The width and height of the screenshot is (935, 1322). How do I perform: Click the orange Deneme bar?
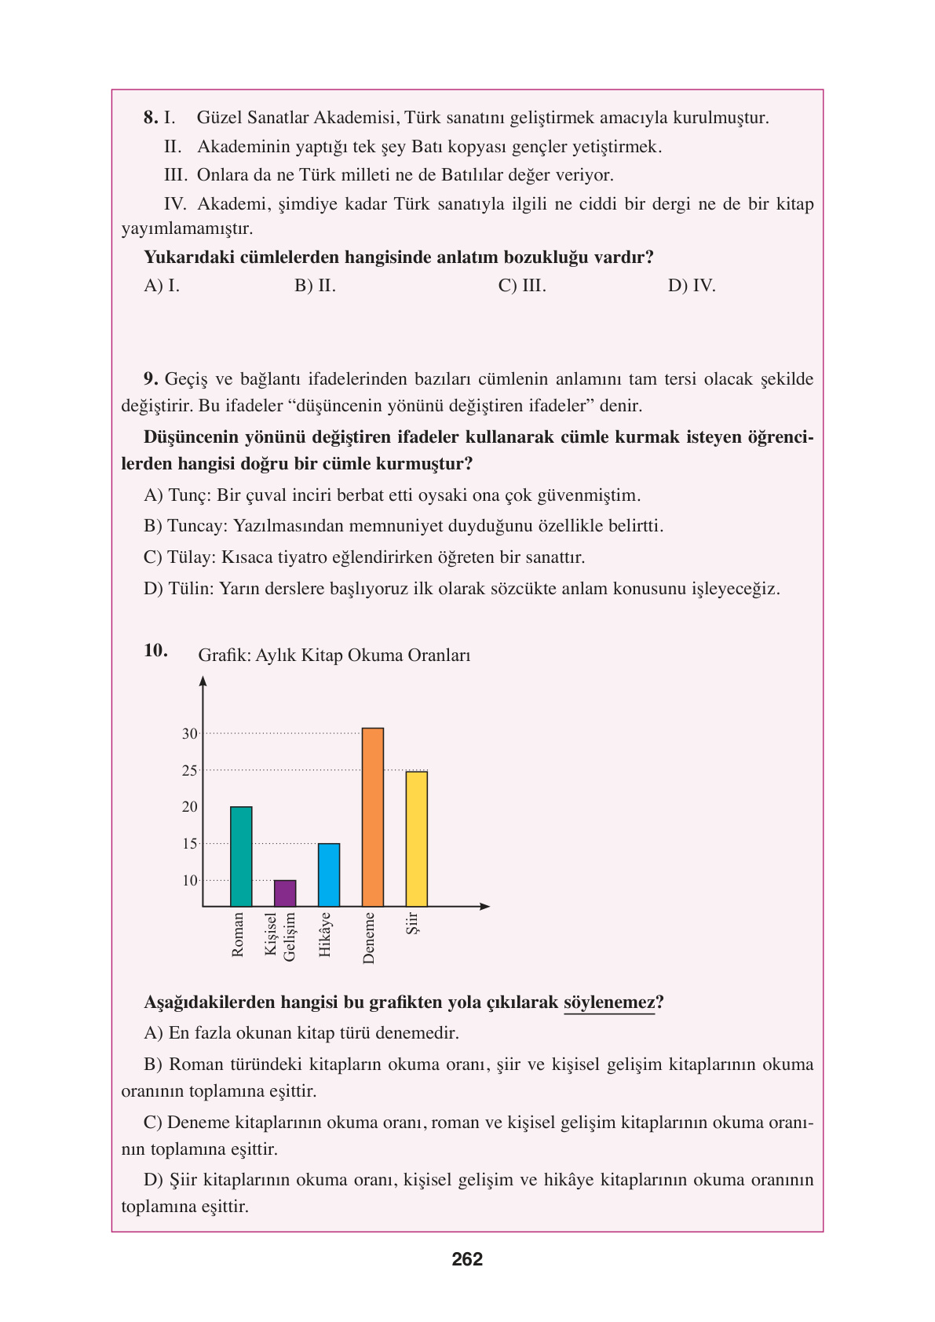coord(372,816)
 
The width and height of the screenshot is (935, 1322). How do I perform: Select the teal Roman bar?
coord(241,856)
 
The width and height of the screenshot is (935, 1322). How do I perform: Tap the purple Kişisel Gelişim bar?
coord(285,893)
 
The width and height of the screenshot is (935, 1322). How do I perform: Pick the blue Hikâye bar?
coord(329,875)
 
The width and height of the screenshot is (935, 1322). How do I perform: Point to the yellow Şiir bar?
coord(416,838)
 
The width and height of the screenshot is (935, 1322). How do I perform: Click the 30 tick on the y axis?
coord(190,734)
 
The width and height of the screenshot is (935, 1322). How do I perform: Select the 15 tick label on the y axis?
coord(190,844)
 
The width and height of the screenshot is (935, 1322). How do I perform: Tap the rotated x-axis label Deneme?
coord(369,937)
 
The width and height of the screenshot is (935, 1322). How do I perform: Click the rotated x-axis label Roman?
coord(238,934)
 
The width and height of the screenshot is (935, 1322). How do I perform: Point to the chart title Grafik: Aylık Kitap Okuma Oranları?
coord(334,656)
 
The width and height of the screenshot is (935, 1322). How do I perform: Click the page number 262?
coord(467,1259)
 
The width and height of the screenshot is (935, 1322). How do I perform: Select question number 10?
coord(155,650)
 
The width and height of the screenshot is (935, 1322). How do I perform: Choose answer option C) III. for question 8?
coord(522,286)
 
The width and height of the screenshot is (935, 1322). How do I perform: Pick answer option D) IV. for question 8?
coord(692,286)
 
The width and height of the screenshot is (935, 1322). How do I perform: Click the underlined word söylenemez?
coord(609,1002)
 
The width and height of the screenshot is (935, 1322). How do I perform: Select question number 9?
coord(152,379)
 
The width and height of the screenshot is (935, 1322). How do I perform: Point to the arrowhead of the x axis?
coord(485,907)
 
